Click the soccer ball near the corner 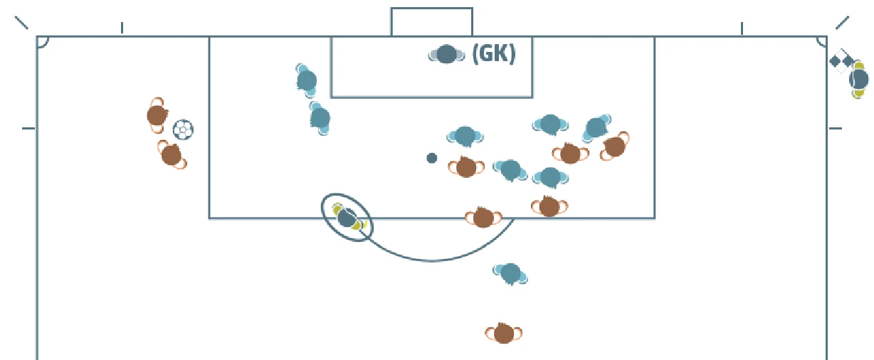pyautogui.click(x=183, y=129)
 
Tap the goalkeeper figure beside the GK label pyautogui.click(x=446, y=54)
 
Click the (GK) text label pyautogui.click(x=493, y=54)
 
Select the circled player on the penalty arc pyautogui.click(x=347, y=218)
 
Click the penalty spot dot pyautogui.click(x=431, y=158)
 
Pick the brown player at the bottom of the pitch pyautogui.click(x=504, y=332)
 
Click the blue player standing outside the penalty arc pyautogui.click(x=510, y=272)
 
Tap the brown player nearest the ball pyautogui.click(x=157, y=115)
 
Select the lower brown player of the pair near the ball pyautogui.click(x=171, y=154)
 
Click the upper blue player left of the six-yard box pyautogui.click(x=307, y=79)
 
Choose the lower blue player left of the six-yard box pyautogui.click(x=320, y=117)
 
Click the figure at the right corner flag pyautogui.click(x=859, y=79)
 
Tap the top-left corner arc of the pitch pyautogui.click(x=43, y=42)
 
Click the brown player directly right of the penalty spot pyautogui.click(x=466, y=167)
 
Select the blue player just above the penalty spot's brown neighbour pyautogui.click(x=465, y=135)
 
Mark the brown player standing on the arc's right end pyautogui.click(x=483, y=218)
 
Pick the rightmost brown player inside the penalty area pyautogui.click(x=614, y=147)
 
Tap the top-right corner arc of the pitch pyautogui.click(x=821, y=42)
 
